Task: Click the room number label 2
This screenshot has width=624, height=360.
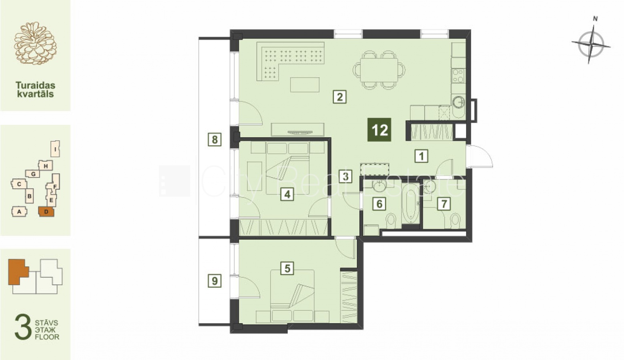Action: [339, 97]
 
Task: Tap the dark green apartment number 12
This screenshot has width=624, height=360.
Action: [379, 130]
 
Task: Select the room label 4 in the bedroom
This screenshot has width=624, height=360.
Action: [287, 194]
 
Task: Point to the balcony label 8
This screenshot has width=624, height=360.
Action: [215, 140]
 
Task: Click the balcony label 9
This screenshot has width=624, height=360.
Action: [215, 281]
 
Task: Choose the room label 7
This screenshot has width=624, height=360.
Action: [444, 204]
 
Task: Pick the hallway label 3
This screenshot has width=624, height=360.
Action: [346, 176]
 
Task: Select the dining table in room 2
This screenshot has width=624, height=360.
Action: [379, 70]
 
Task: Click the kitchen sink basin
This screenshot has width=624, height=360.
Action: [459, 102]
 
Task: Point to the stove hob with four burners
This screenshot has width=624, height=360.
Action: [458, 76]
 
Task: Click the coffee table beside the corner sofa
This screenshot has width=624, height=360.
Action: [305, 85]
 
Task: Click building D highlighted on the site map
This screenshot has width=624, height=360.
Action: [46, 212]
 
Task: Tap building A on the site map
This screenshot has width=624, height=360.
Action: [19, 212]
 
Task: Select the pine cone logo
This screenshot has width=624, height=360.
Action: [35, 44]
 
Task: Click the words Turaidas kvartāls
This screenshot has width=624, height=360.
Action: [35, 89]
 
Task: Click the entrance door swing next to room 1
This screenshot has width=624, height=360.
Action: [480, 156]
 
